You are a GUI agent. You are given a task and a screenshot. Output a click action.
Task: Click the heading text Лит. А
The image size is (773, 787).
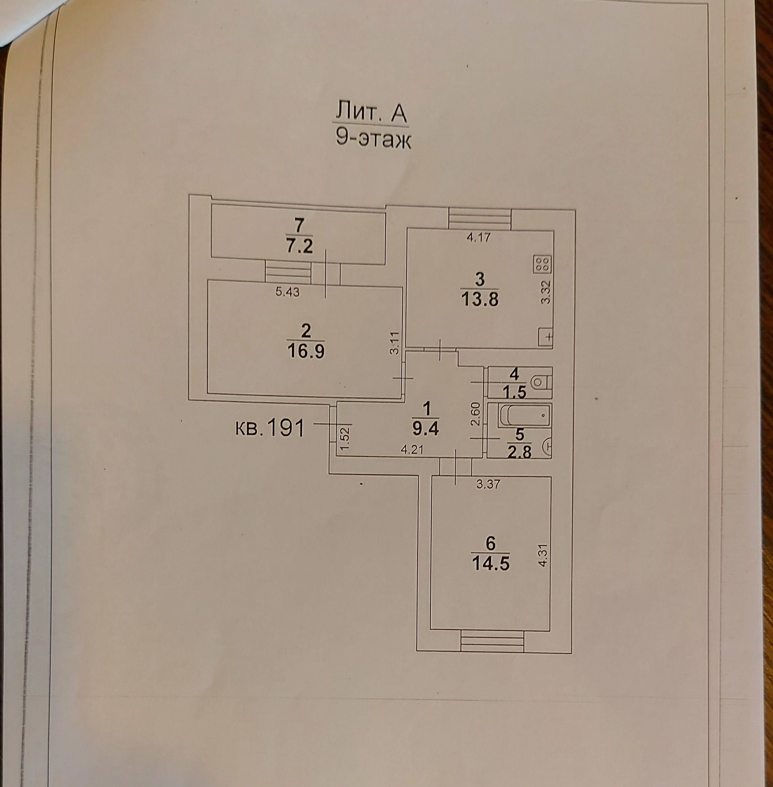click(370, 114)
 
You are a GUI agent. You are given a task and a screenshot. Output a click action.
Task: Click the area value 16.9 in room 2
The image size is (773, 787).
click(306, 351)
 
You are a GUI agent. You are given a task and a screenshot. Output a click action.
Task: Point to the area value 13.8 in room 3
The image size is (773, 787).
click(480, 300)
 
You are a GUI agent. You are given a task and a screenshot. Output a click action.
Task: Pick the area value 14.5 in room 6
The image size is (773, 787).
click(490, 564)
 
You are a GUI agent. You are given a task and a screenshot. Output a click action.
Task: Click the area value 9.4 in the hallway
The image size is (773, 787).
click(426, 429)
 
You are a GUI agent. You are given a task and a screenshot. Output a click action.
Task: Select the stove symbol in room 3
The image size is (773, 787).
click(542, 264)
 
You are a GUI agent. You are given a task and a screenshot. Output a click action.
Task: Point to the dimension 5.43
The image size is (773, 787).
click(287, 292)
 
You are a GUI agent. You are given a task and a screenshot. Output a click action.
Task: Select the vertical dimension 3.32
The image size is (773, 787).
click(546, 292)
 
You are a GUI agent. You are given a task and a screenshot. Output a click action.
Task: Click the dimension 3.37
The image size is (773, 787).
click(488, 485)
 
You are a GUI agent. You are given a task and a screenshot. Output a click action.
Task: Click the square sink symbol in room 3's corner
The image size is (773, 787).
click(546, 337)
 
